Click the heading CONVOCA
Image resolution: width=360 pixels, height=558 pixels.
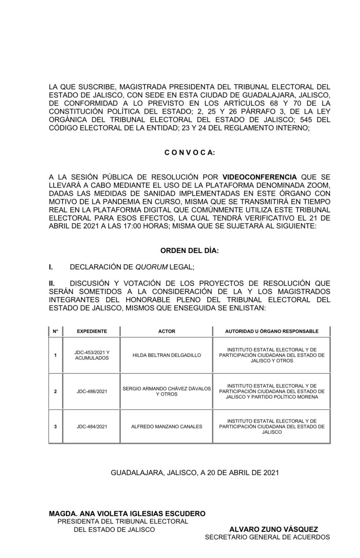point(190,153)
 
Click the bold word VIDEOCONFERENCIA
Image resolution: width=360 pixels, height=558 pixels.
point(260,177)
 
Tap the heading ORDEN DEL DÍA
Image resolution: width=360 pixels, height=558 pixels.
point(190,250)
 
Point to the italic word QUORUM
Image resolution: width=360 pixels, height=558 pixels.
point(151,267)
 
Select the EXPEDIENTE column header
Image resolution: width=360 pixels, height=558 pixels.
point(92,331)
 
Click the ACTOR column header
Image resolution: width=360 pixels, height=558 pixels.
point(167,331)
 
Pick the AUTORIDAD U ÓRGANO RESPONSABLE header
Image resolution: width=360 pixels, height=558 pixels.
point(272,331)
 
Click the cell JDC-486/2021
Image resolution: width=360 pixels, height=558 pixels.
point(92,391)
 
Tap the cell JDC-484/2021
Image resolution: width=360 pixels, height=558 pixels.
point(92,426)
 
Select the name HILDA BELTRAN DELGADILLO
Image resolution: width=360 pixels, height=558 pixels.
point(167,355)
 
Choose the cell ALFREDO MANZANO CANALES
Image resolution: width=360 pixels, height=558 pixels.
point(167,426)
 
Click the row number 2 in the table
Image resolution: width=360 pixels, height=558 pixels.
point(55,391)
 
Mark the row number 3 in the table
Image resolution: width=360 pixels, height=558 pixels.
point(55,426)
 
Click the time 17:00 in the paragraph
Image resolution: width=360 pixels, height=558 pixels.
point(131,226)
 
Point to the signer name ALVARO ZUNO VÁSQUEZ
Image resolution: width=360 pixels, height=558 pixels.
point(274,529)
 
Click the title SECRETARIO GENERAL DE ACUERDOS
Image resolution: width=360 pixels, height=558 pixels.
point(267,537)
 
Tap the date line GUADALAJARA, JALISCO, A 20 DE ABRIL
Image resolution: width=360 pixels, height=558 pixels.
point(195,473)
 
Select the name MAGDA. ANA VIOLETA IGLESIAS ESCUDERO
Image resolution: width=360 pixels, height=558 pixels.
point(127,513)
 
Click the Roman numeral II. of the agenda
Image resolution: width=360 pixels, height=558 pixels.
point(52,283)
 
